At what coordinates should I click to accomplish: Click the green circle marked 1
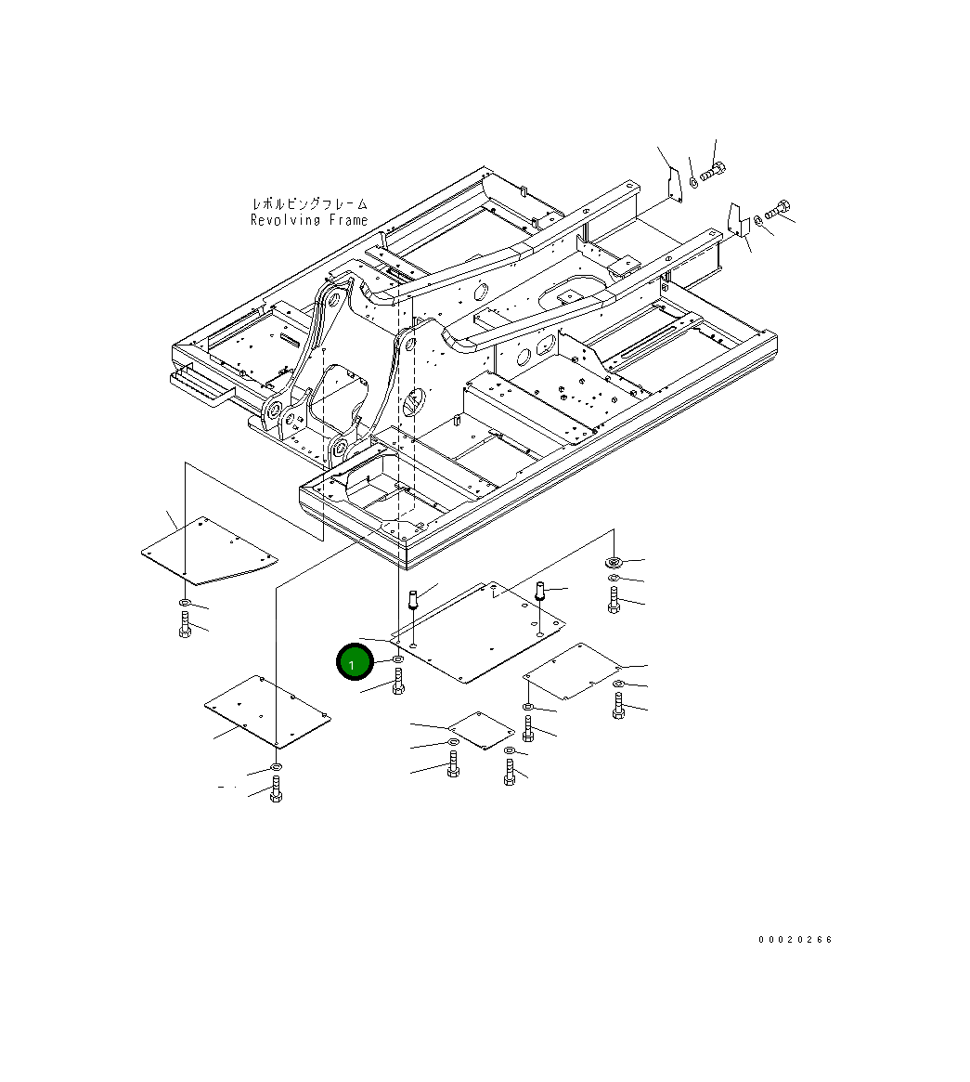point(353,663)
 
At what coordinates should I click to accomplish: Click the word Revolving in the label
point(285,220)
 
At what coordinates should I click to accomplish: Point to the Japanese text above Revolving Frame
point(309,203)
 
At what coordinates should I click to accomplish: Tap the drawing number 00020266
point(795,939)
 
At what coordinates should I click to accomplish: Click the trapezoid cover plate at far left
point(210,553)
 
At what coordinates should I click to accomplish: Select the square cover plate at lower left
point(266,710)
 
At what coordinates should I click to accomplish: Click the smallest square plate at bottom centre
point(479,729)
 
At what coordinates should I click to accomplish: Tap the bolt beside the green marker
point(398,683)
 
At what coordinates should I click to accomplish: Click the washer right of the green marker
point(397,659)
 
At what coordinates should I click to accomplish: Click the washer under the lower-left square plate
point(276,766)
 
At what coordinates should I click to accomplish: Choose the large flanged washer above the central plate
point(613,562)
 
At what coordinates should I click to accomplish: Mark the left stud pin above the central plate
point(415,596)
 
